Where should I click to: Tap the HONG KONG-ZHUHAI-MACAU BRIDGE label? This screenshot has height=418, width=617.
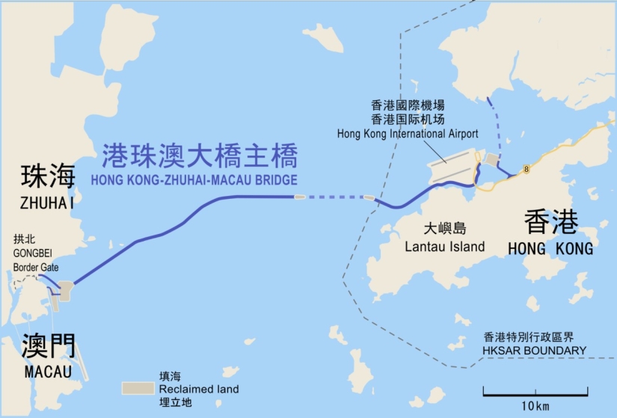193,180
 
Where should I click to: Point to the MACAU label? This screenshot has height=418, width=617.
47,372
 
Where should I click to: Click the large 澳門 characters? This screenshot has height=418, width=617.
48,346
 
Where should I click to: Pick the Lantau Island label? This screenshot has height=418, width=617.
444,246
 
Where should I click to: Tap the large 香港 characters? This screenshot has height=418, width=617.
551,221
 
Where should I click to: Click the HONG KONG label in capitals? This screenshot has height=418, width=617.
550,248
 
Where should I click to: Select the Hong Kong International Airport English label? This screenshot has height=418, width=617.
408,133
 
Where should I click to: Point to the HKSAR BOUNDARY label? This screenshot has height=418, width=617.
535,350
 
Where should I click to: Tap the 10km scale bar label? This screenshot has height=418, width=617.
535,405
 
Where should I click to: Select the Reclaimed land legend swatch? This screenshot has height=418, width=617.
138,389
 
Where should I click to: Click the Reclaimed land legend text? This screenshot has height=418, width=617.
198,389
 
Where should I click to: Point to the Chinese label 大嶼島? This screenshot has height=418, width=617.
444,228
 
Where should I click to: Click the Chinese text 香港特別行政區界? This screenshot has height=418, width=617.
535,336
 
